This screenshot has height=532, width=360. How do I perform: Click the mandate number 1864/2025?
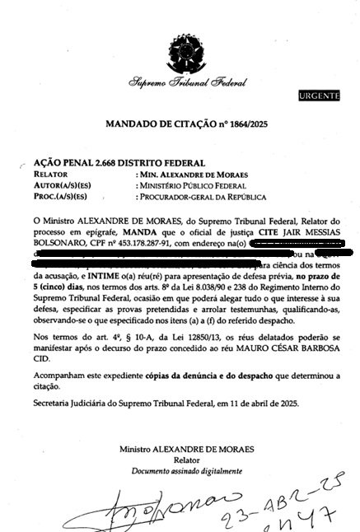click(x=258, y=124)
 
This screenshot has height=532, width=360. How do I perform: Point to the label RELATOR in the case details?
click(x=49, y=175)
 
